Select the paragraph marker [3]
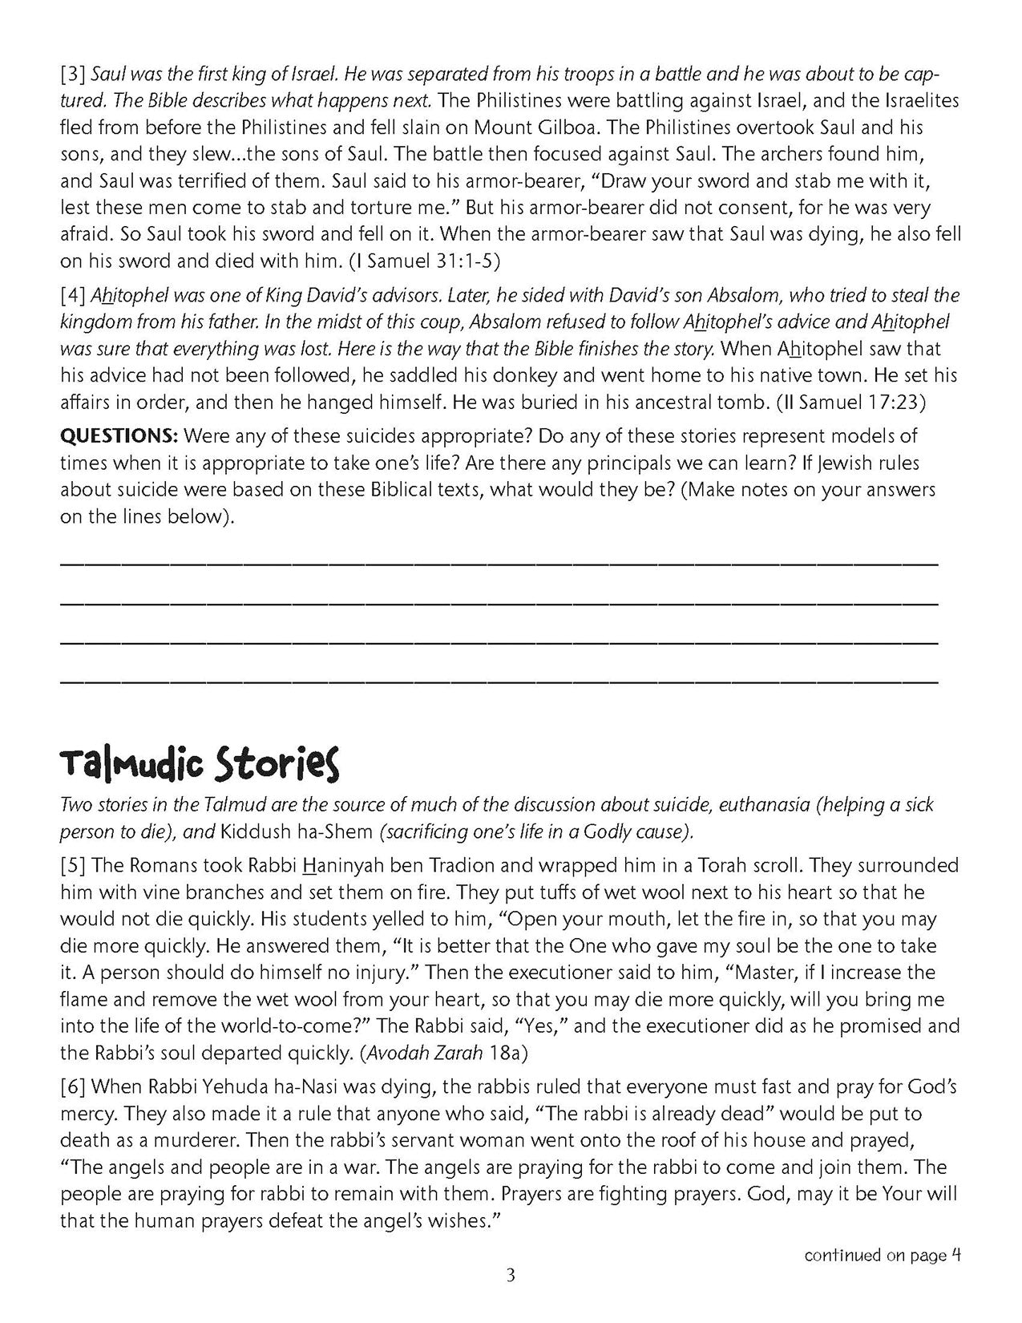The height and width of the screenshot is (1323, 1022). pos(74,75)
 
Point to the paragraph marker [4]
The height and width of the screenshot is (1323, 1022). pos(74,296)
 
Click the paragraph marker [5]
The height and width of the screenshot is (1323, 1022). pos(74,866)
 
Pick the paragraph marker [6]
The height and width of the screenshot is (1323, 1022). pos(74,1087)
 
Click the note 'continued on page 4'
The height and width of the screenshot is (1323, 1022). pos(882,1255)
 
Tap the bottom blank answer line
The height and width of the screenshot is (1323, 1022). pos(499,682)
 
